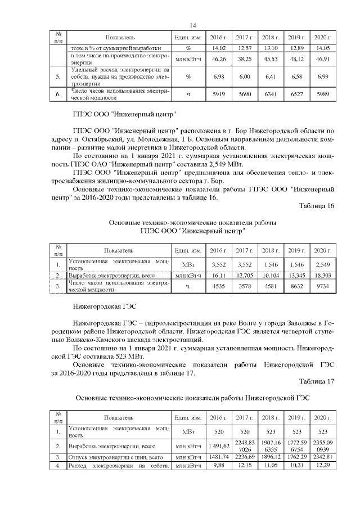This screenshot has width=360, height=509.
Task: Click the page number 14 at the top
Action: click(192, 25)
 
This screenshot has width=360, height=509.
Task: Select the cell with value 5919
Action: click(217, 94)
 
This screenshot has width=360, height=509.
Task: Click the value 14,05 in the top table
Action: click(322, 48)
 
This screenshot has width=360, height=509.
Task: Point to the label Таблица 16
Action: click(317, 206)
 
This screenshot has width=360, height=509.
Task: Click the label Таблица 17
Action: click(317, 381)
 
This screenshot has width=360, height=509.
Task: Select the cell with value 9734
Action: click(322, 287)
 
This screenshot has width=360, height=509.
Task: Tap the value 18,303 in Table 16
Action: click(322, 276)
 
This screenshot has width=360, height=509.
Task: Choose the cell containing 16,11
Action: click(217, 276)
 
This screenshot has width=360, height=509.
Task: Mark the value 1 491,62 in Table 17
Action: click(217, 446)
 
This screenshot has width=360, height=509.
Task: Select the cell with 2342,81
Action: click(322, 457)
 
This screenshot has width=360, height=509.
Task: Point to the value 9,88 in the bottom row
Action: click(217, 466)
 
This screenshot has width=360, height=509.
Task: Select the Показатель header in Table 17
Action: click(119, 418)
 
